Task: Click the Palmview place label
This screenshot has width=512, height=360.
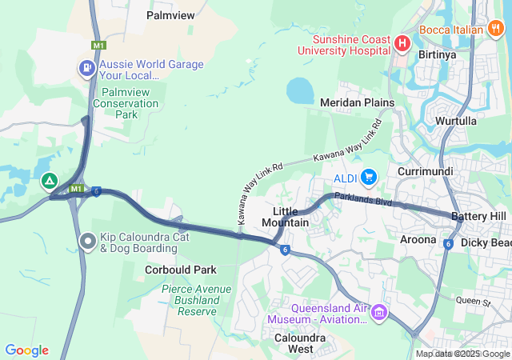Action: (x=171, y=14)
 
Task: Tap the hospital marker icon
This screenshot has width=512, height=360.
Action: (x=402, y=42)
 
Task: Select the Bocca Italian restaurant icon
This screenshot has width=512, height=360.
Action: (x=496, y=30)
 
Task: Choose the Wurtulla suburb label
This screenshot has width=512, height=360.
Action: (x=457, y=120)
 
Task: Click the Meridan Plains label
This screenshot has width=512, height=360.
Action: (x=357, y=103)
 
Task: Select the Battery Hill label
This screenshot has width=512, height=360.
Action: (x=478, y=217)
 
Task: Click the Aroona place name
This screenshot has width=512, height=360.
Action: (x=418, y=239)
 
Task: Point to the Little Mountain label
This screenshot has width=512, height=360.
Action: (x=286, y=216)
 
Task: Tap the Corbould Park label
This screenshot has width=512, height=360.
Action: (x=181, y=270)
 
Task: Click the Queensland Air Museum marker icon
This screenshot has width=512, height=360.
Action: (x=378, y=310)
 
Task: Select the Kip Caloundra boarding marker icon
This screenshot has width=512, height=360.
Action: (x=89, y=239)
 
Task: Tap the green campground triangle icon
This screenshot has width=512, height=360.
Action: (x=50, y=181)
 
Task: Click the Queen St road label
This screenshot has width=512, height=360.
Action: (x=472, y=302)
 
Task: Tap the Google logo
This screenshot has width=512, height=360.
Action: (x=27, y=350)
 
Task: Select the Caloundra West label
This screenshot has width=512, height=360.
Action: (x=289, y=342)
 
